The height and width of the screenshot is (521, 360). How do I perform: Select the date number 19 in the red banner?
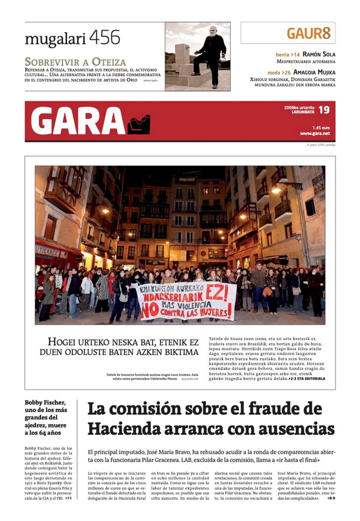324,110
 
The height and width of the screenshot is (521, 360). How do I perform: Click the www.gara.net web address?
314,133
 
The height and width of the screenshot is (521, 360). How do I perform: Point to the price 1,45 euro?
321,127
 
